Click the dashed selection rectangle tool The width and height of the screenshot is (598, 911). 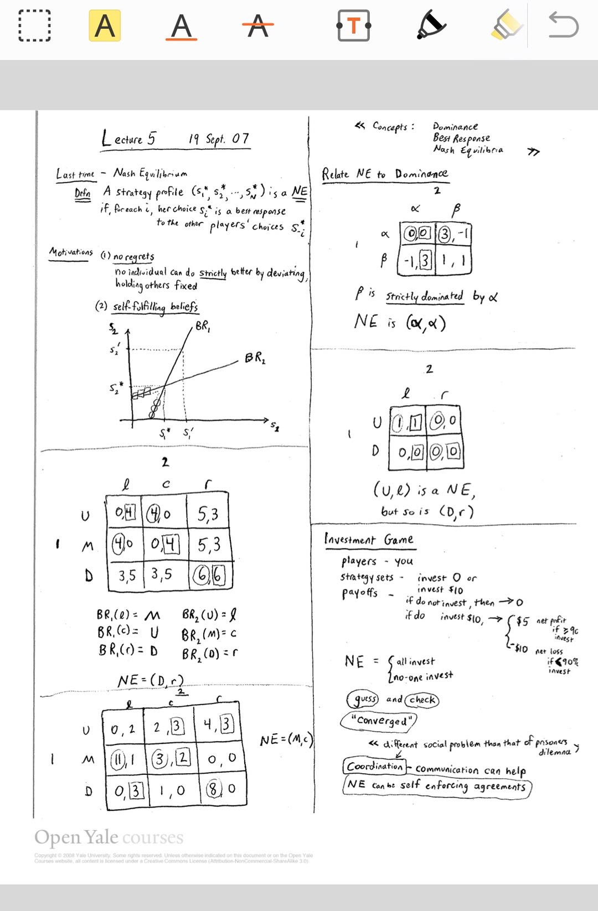pyautogui.click(x=34, y=26)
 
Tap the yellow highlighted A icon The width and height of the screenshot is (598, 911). pyautogui.click(x=105, y=26)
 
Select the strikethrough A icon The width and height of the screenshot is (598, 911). pyautogui.click(x=257, y=26)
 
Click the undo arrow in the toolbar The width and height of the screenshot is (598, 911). pyautogui.click(x=563, y=26)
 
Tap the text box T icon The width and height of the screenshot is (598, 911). pyautogui.click(x=353, y=26)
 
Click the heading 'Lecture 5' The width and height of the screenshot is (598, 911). pyautogui.click(x=129, y=138)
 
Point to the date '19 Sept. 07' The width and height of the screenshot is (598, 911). pyautogui.click(x=219, y=138)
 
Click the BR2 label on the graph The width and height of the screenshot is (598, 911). pyautogui.click(x=255, y=358)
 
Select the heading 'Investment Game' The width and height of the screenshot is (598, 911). pyautogui.click(x=369, y=540)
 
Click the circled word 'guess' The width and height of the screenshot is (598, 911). pyautogui.click(x=363, y=699)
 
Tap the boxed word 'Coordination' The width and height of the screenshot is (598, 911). pyautogui.click(x=375, y=766)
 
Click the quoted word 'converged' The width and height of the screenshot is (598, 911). pyautogui.click(x=378, y=720)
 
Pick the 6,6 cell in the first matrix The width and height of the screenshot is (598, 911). pyautogui.click(x=210, y=576)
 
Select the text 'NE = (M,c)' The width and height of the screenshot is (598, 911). pyautogui.click(x=286, y=739)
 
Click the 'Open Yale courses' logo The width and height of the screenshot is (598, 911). pyautogui.click(x=109, y=837)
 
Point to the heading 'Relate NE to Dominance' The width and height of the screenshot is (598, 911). pyautogui.click(x=385, y=174)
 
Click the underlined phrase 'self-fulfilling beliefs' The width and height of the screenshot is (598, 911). pyautogui.click(x=155, y=307)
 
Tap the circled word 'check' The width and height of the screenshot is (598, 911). pyautogui.click(x=422, y=700)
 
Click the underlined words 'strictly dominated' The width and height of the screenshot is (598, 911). pyautogui.click(x=424, y=296)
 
